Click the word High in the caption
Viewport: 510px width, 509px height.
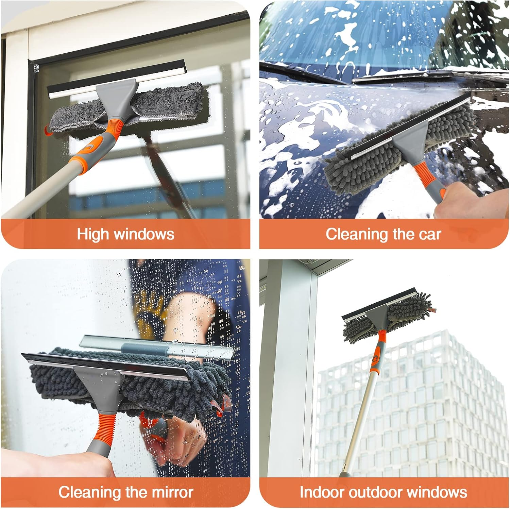point(93,234)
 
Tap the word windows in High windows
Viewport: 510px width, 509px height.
point(144,234)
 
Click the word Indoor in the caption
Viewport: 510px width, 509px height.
point(322,492)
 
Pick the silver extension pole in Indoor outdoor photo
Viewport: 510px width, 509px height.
point(357,422)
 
